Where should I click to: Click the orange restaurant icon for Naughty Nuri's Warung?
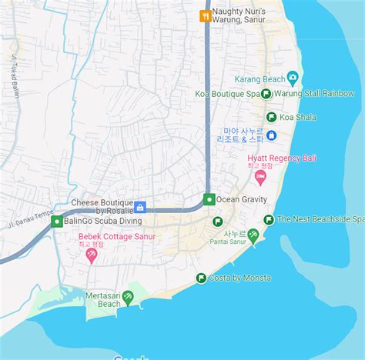pos(205,15)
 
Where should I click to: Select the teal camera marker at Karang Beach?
pos(293,78)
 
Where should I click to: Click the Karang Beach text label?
pos(259,78)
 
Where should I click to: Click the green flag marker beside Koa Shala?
pos(271,117)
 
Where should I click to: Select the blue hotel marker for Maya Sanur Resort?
pos(272,135)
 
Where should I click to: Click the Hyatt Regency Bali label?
pos(260,158)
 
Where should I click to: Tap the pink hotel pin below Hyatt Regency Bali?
pos(260,178)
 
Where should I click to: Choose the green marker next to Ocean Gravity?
pos(209,199)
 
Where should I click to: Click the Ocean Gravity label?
pos(242,199)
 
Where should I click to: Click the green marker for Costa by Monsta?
pos(201,278)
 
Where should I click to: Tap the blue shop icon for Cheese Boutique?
pos(140,207)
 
